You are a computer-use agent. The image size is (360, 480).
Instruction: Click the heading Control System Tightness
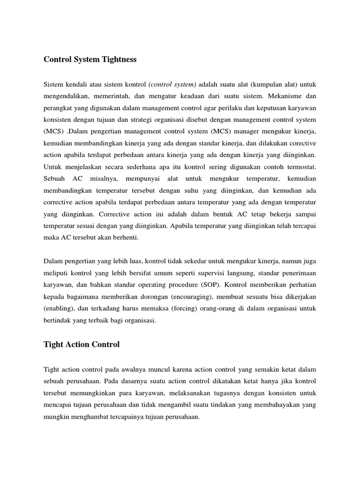90,60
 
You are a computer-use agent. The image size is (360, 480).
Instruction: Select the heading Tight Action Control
82,344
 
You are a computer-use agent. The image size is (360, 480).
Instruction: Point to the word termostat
301,166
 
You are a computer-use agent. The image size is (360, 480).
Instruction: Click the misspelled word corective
300,142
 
